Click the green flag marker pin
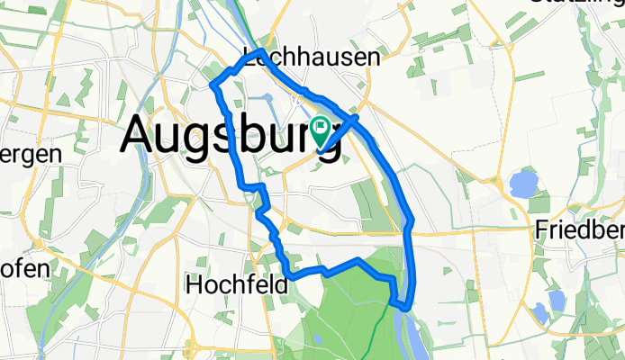pyautogui.click(x=322, y=131)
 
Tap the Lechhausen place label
pyautogui.click(x=312, y=58)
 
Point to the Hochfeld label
pyautogui.click(x=236, y=285)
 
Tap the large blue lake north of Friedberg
pyautogui.click(x=522, y=185)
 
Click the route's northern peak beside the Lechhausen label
pyautogui.click(x=260, y=53)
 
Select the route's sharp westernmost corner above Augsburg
pyautogui.click(x=213, y=85)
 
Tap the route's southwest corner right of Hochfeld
pyautogui.click(x=289, y=277)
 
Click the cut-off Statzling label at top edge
pyautogui.click(x=589, y=4)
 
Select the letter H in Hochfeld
pyautogui.click(x=195, y=285)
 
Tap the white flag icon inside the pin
pyautogui.click(x=322, y=127)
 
